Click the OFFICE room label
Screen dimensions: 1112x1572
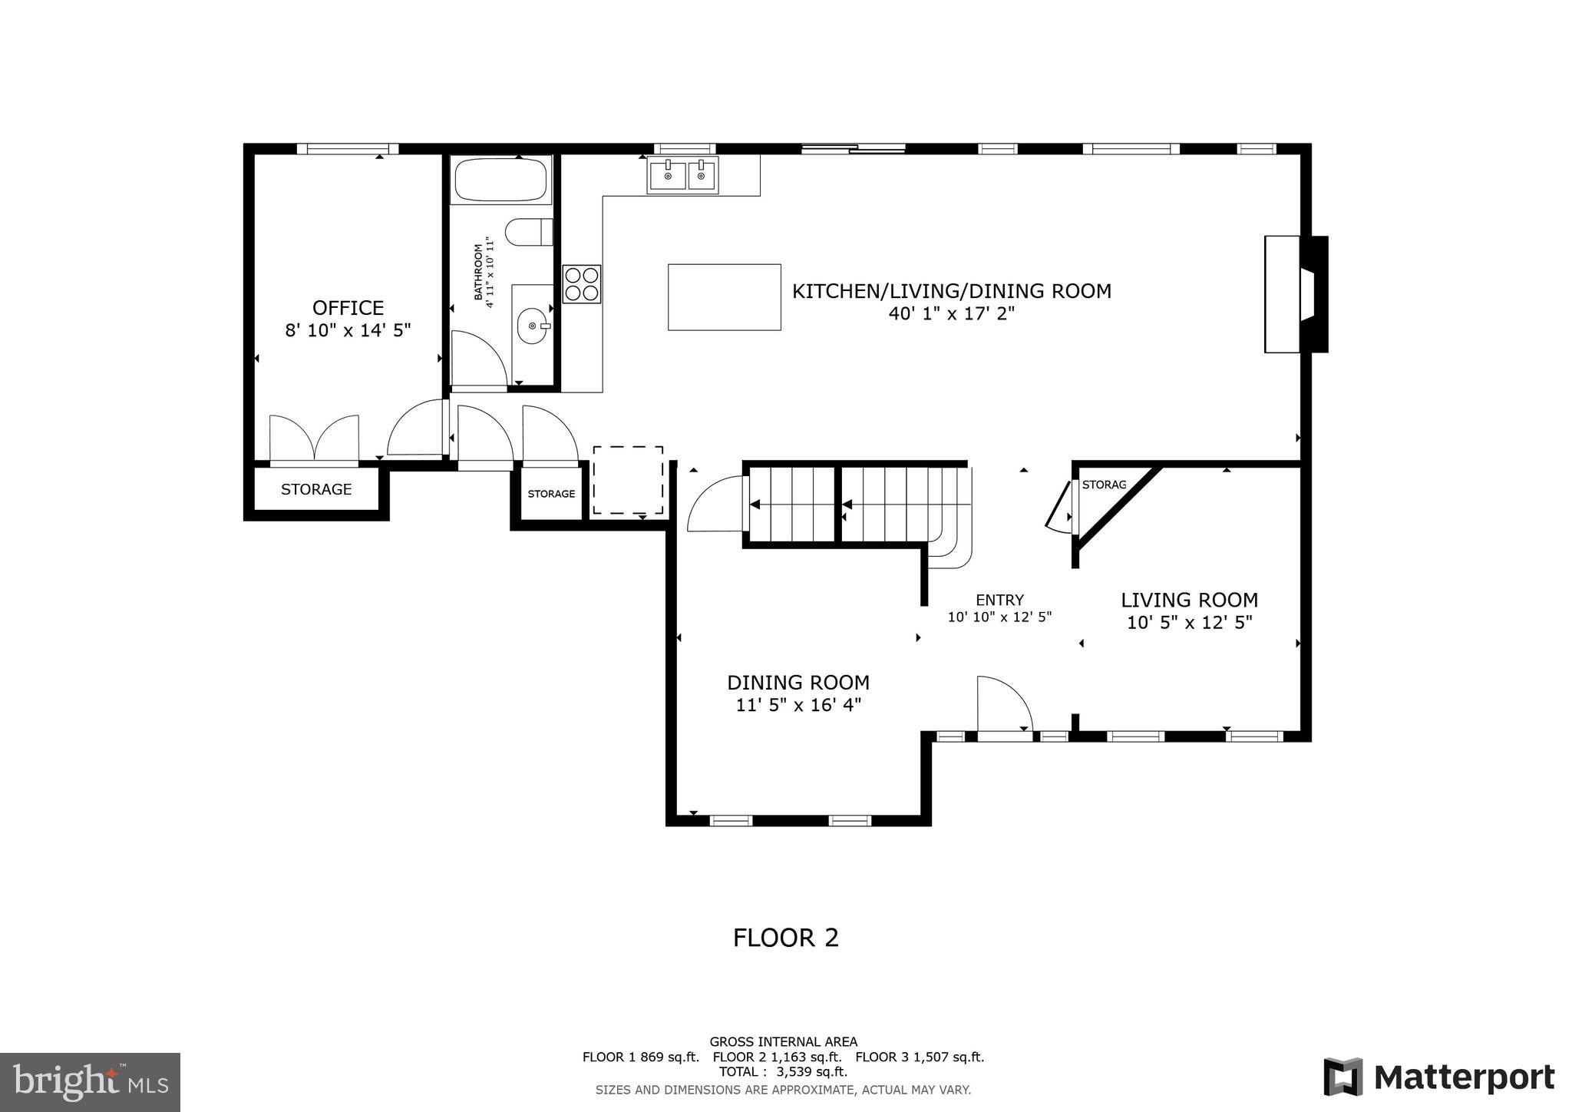pos(348,308)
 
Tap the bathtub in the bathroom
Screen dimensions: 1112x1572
pos(500,180)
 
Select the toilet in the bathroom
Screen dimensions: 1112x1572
pos(529,232)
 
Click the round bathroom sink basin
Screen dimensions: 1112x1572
pos(532,326)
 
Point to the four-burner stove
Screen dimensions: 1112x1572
pos(581,284)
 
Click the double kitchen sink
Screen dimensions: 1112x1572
pos(682,175)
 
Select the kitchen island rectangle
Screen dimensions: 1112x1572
pos(724,297)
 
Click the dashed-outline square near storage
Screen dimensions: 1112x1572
pos(628,480)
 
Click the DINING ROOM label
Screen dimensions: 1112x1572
pos(798,682)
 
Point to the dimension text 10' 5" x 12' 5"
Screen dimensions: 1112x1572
pos(1189,623)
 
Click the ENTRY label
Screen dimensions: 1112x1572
pos(999,601)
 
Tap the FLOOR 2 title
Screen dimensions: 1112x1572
pos(785,938)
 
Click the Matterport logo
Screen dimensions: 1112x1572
pos(1438,1077)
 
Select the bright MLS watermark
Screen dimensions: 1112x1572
pos(90,1083)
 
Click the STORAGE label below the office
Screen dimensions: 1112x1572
pos(315,489)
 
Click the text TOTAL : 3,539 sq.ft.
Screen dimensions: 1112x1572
pos(783,1072)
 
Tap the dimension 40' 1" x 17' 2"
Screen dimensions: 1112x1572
pos(951,313)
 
